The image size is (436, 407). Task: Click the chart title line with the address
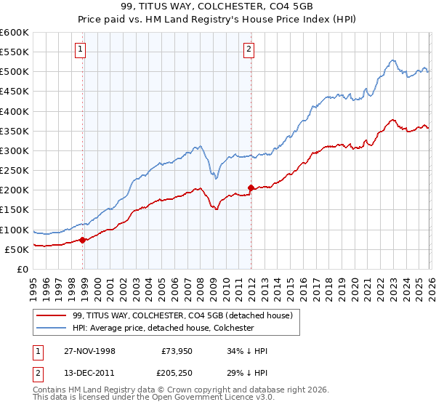click(218, 8)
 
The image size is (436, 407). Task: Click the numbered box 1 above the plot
click(80, 49)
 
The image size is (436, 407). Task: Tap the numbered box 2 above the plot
click(249, 49)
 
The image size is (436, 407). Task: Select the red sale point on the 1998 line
click(83, 240)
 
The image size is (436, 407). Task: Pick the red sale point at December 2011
click(251, 188)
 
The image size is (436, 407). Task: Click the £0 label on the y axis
click(22, 270)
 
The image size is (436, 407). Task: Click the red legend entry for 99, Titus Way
click(182, 315)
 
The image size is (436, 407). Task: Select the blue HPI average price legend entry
click(163, 328)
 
